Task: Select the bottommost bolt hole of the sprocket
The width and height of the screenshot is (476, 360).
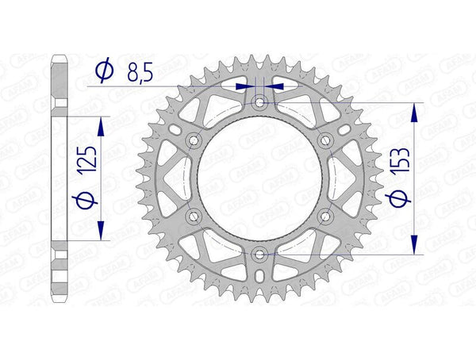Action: tap(259, 254)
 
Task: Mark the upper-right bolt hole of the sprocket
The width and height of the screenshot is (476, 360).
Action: tap(325, 140)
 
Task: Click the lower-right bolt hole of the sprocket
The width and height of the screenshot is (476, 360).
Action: tap(325, 216)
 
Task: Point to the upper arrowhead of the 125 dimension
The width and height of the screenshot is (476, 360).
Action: tap(100, 124)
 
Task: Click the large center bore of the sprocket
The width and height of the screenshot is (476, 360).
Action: tap(259, 178)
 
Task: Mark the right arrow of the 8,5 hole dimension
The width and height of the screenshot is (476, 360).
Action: tap(274, 86)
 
